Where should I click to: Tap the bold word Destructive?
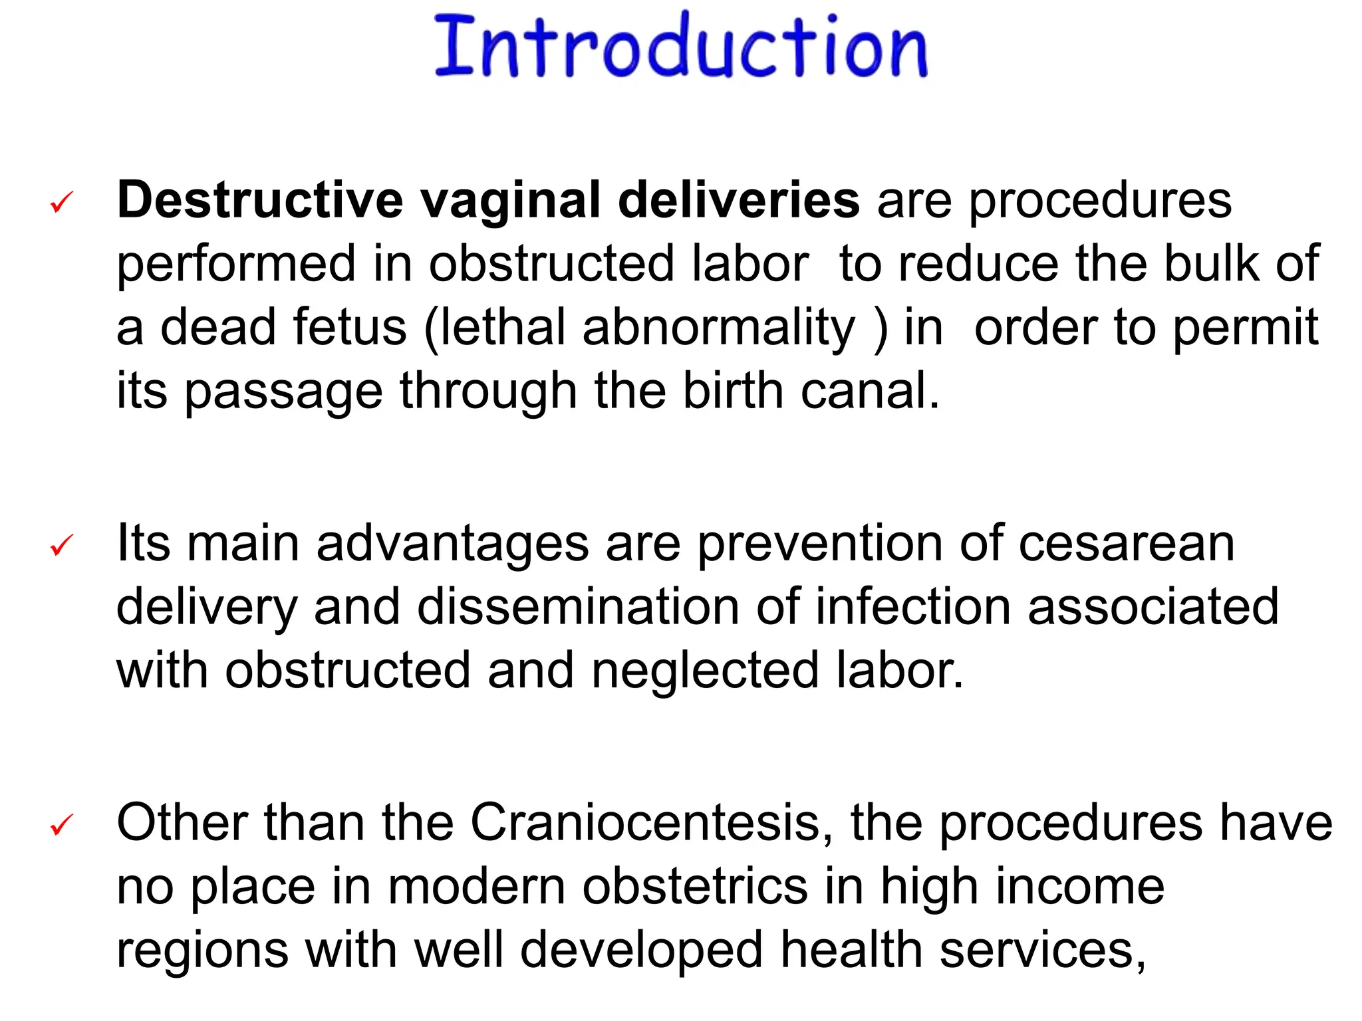260,200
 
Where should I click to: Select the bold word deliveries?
738,200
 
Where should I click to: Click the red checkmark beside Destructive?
62,202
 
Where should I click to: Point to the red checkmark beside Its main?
62,546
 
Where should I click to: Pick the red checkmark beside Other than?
62,825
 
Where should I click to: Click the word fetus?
349,327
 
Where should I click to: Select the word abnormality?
719,328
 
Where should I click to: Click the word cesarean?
1127,544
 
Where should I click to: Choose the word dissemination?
578,607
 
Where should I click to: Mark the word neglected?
705,671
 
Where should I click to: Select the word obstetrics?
695,887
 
